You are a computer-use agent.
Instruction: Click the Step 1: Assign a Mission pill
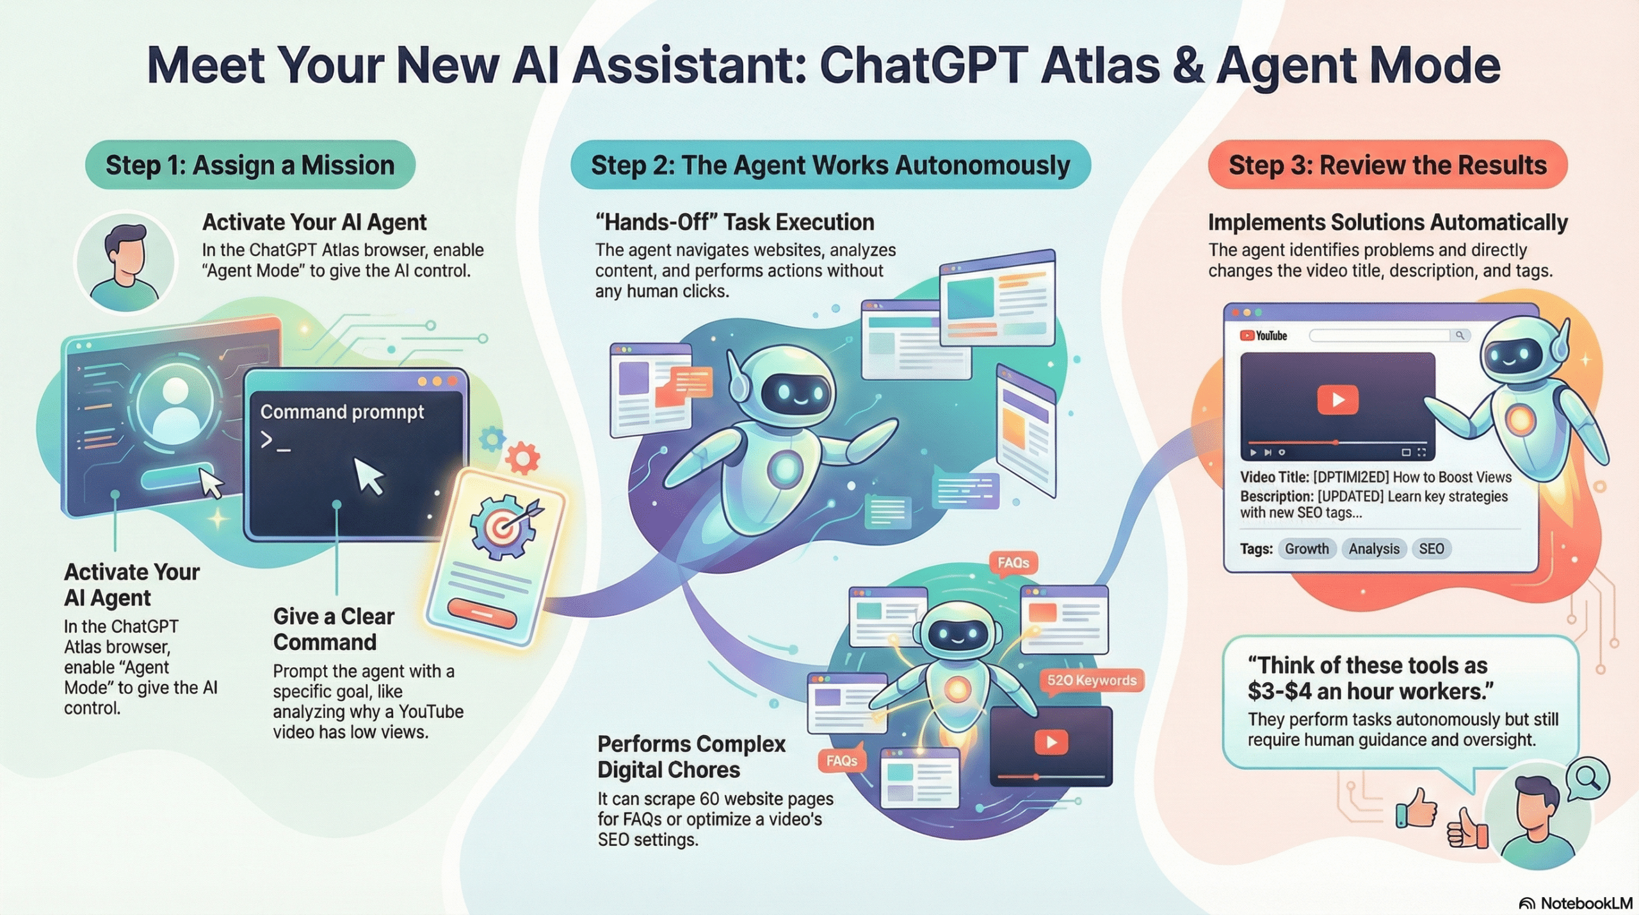click(x=250, y=165)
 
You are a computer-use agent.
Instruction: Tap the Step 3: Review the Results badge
click(x=1387, y=165)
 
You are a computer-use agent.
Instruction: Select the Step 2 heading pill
click(x=830, y=165)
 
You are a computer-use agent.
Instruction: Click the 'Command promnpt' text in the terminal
click(x=342, y=412)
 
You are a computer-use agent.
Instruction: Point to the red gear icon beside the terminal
click(x=522, y=458)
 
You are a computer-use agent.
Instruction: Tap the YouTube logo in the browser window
click(x=1263, y=336)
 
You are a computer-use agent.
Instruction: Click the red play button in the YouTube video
click(x=1337, y=400)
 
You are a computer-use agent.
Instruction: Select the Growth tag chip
click(x=1306, y=549)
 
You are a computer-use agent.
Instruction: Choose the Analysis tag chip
click(x=1373, y=549)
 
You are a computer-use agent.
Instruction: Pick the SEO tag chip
click(x=1431, y=549)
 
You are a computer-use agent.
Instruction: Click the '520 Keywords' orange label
click(x=1092, y=681)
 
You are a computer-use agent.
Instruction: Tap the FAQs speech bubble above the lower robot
click(x=1013, y=563)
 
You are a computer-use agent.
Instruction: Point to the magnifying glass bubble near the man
click(x=1588, y=779)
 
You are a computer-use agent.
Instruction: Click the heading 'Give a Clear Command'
click(x=333, y=629)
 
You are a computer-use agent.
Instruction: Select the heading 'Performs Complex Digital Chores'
click(x=691, y=756)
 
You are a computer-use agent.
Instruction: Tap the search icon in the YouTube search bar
click(x=1460, y=335)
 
